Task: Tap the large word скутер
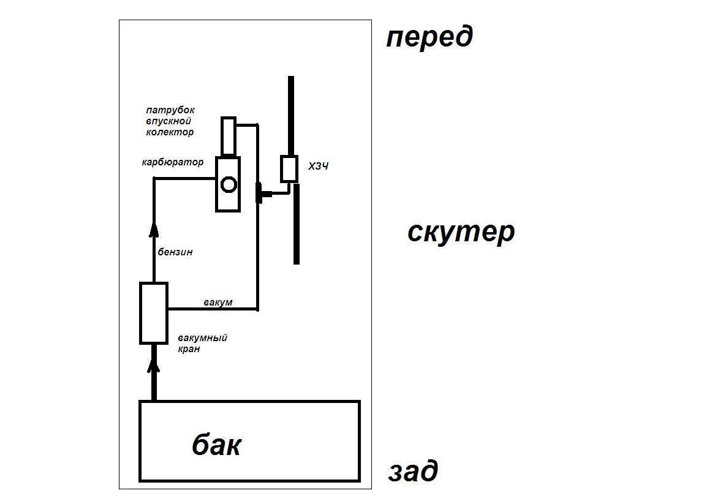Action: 461,232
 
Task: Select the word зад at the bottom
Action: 413,472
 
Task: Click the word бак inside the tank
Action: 216,445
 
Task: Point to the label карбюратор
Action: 172,163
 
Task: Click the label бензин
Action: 175,252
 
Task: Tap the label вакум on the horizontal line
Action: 218,303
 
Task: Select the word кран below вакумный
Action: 190,349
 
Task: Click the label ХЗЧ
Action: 318,166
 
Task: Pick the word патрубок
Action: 170,110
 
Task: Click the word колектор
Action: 170,132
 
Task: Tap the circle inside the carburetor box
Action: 229,184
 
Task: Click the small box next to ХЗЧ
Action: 289,168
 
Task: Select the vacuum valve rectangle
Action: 154,313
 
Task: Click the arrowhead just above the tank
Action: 154,366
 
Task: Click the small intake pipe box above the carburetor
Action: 229,136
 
